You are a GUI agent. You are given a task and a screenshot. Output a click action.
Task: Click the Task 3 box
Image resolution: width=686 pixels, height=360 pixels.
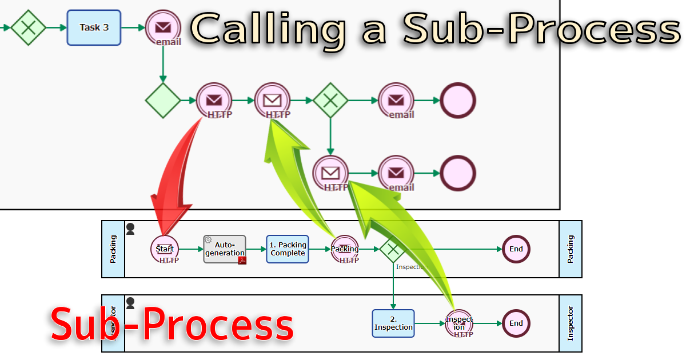click(94, 27)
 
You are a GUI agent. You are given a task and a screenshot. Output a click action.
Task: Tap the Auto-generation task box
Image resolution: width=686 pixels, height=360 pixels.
click(225, 249)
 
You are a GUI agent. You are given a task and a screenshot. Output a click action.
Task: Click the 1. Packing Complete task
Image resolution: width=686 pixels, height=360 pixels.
click(288, 249)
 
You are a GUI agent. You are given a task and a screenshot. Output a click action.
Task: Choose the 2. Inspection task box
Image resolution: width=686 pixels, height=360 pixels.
click(393, 323)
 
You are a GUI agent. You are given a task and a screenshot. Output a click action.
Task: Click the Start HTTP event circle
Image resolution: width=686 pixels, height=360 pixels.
click(165, 250)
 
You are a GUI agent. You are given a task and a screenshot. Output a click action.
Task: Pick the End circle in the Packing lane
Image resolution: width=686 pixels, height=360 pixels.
click(516, 249)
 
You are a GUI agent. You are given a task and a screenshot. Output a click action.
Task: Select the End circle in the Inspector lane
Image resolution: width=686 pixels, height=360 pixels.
click(516, 323)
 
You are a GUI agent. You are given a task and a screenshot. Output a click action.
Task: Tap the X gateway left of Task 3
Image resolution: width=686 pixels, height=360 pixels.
click(28, 27)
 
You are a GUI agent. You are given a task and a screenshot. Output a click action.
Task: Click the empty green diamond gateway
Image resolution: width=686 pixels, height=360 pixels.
click(163, 101)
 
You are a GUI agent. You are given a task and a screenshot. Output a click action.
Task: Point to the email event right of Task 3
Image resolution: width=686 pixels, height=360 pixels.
click(163, 27)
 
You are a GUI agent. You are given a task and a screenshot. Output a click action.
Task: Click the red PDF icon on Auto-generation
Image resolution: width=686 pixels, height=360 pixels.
click(242, 261)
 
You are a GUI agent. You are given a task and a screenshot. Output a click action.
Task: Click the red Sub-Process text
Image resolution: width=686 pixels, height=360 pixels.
click(171, 325)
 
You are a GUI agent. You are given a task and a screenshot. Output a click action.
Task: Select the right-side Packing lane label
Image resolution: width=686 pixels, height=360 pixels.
click(571, 249)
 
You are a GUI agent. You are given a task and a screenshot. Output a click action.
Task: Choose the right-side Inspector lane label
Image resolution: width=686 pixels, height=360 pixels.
click(571, 323)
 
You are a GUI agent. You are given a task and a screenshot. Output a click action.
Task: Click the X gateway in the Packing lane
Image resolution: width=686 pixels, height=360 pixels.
click(393, 249)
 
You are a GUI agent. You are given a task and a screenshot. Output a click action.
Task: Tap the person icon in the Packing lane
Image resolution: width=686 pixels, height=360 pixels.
click(130, 229)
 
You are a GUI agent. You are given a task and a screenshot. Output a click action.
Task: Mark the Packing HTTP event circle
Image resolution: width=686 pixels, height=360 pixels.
click(345, 249)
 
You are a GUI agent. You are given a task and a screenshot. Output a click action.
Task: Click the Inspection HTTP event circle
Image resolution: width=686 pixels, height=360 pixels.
click(459, 323)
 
